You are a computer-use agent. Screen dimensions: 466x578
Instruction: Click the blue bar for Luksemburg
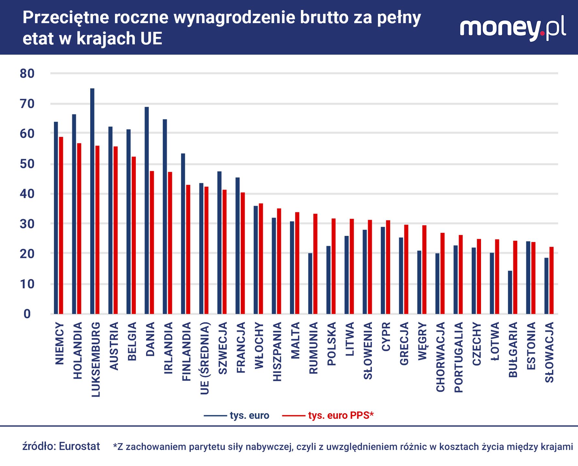(x=92, y=201)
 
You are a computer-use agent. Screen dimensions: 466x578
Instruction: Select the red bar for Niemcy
(x=61, y=225)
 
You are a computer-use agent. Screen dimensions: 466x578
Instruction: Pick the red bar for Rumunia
(x=315, y=264)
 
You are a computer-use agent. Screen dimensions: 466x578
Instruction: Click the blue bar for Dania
(x=147, y=210)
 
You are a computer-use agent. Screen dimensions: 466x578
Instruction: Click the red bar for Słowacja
(x=551, y=280)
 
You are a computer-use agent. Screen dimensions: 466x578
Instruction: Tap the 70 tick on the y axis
(x=27, y=104)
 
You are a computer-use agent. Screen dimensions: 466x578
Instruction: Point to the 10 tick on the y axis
(x=27, y=284)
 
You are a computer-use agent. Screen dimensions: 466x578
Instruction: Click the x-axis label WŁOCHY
(x=259, y=345)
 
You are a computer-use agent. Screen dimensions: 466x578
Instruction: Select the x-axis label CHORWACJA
(x=441, y=357)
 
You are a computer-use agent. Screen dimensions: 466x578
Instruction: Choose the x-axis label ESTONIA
(x=531, y=346)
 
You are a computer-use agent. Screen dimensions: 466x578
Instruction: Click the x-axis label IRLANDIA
(x=168, y=348)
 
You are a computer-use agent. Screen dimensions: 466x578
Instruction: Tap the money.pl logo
(x=513, y=28)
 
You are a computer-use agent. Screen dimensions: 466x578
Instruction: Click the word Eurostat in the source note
(x=80, y=446)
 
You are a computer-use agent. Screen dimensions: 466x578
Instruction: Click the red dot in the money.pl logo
(x=542, y=33)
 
